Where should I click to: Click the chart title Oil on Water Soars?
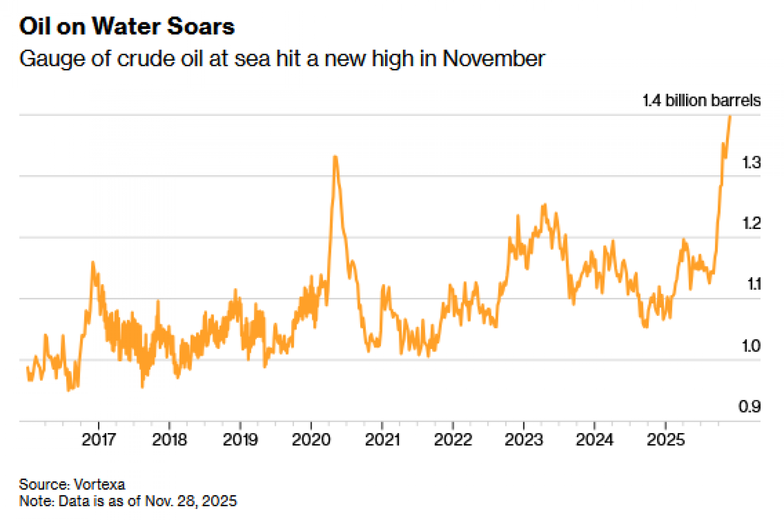pyautogui.click(x=127, y=27)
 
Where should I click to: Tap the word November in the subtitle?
pyautogui.click(x=493, y=59)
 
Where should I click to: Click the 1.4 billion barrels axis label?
pyautogui.click(x=701, y=101)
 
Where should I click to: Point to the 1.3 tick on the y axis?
pyautogui.click(x=751, y=162)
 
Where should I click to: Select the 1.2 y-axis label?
pyautogui.click(x=751, y=224)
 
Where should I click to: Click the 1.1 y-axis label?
pyautogui.click(x=754, y=284)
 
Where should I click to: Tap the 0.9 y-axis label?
pyautogui.click(x=750, y=407)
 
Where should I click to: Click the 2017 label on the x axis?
pyautogui.click(x=98, y=440)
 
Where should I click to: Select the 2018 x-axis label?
pyautogui.click(x=169, y=440)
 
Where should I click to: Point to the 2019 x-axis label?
pyautogui.click(x=240, y=440)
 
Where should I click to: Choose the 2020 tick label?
pyautogui.click(x=311, y=440)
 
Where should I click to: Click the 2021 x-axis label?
pyautogui.click(x=382, y=440)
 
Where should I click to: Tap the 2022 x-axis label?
pyautogui.click(x=453, y=440)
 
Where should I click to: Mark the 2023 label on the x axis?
pyautogui.click(x=524, y=440)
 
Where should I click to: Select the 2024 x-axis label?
pyautogui.click(x=594, y=440)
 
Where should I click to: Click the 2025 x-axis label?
pyautogui.click(x=665, y=440)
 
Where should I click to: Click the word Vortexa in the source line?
pyautogui.click(x=99, y=485)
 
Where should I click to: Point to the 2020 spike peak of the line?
pyautogui.click(x=335, y=157)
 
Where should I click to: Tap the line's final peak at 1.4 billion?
pyautogui.click(x=730, y=116)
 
